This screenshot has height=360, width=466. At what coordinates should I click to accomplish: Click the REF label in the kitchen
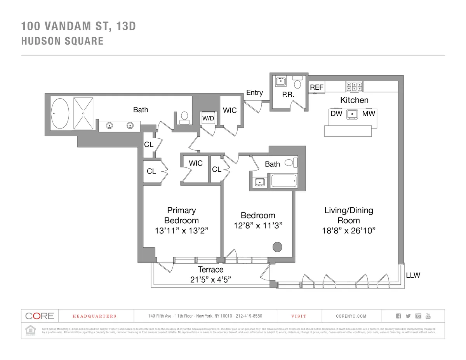(316, 88)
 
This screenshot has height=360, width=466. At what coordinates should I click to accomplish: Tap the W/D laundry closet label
(208, 118)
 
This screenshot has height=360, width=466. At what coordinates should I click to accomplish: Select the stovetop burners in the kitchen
(354, 86)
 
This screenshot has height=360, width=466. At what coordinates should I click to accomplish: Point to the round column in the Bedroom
(277, 247)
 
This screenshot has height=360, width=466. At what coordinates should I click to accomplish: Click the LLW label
(413, 275)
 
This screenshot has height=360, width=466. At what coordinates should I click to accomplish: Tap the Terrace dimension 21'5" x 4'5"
(211, 280)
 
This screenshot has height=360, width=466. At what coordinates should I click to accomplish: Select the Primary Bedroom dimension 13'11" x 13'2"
(181, 231)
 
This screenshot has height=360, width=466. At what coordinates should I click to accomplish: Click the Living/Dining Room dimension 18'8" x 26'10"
(348, 231)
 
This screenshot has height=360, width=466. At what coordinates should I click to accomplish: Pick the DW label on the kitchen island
(336, 113)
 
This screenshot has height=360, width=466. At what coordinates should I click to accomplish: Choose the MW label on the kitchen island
(369, 113)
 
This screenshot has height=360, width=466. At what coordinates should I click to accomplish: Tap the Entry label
(254, 92)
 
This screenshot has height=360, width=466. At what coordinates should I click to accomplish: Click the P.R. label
(287, 94)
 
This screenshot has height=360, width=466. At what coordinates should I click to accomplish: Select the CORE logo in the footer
(39, 316)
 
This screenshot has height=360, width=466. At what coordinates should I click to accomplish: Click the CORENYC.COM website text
(351, 316)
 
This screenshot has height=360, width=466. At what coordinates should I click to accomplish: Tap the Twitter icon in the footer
(408, 316)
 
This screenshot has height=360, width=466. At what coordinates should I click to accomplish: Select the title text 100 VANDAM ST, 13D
(79, 26)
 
